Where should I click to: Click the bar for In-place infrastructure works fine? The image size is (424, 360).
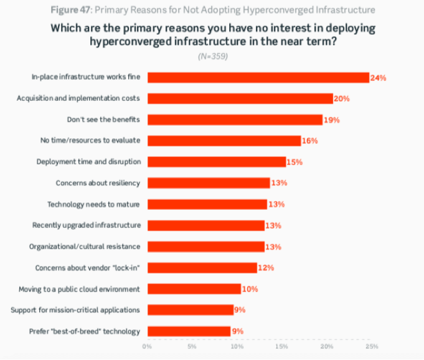pyautogui.click(x=258, y=78)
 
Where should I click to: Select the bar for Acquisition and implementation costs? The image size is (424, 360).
pyautogui.click(x=240, y=98)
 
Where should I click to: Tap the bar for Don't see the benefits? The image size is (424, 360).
pyautogui.click(x=235, y=120)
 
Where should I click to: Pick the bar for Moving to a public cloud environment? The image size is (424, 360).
pyautogui.click(x=194, y=289)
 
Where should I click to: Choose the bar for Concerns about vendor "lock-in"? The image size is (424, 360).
pyautogui.click(x=202, y=268)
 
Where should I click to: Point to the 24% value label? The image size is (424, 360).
pyautogui.click(x=379, y=78)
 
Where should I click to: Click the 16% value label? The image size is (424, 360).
pyautogui.click(x=309, y=141)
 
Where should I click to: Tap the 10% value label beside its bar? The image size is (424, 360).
pyautogui.click(x=250, y=289)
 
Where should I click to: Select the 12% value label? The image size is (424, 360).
pyautogui.click(x=266, y=268)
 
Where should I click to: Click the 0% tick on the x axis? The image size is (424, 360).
pyautogui.click(x=147, y=346)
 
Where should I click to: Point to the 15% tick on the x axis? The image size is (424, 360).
pyautogui.click(x=282, y=346)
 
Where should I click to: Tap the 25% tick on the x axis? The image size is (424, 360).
pyautogui.click(x=371, y=346)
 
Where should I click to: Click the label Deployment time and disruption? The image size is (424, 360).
pyautogui.click(x=88, y=162)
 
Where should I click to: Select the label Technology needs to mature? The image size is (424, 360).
pyautogui.click(x=94, y=204)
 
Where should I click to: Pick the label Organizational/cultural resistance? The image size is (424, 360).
pyautogui.click(x=85, y=247)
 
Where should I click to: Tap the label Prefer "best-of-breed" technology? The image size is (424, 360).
pyautogui.click(x=85, y=331)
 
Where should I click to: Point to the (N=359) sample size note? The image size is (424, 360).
pyautogui.click(x=212, y=56)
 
